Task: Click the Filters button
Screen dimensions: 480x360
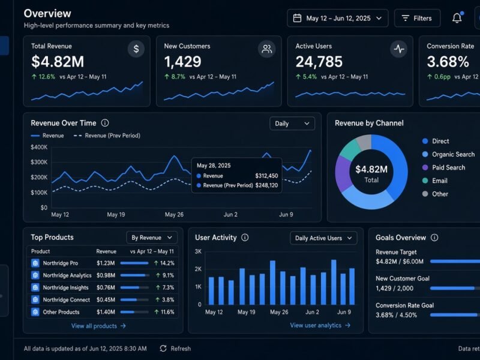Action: [417, 19]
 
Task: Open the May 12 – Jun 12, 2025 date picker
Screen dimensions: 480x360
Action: [338, 19]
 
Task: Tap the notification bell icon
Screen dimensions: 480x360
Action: [457, 18]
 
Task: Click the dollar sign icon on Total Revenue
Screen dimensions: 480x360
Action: [136, 49]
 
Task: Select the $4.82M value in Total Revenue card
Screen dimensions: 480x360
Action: [58, 62]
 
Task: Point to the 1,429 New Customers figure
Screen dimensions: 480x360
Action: [183, 62]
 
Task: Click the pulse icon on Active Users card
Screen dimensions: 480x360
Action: [398, 49]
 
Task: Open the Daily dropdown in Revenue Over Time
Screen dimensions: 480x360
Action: [292, 124]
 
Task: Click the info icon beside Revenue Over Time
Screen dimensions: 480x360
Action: [105, 123]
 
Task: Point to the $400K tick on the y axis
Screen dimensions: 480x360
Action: [39, 147]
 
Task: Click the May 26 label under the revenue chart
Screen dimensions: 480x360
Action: [174, 215]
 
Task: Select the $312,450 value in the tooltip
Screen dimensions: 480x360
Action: [266, 176]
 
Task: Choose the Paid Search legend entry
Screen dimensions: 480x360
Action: [443, 167]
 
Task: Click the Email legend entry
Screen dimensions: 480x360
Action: [434, 181]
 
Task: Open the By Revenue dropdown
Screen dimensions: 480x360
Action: [152, 238]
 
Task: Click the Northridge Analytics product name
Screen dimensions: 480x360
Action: [67, 275]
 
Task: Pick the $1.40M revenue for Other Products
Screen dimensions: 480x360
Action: [106, 312]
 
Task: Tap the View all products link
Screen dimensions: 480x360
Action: [98, 326]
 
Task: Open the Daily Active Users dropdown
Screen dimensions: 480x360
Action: [323, 238]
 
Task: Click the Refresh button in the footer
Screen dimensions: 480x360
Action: [175, 349]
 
